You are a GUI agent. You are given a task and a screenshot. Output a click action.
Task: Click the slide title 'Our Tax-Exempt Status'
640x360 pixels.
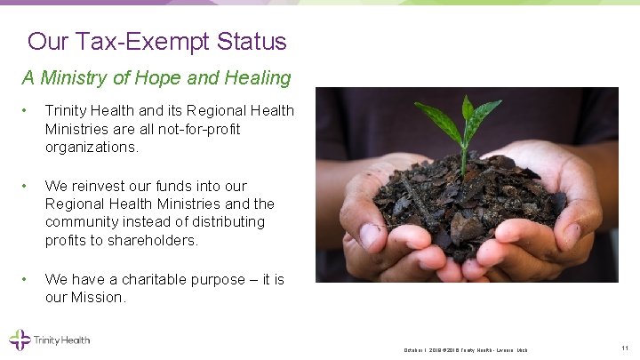coord(157,42)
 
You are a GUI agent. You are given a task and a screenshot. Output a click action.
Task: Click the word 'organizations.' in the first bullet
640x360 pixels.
coord(92,148)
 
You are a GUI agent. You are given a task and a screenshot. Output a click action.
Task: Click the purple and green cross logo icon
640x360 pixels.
coord(20,340)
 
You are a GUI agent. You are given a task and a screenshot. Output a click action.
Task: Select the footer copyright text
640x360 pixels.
coord(465,349)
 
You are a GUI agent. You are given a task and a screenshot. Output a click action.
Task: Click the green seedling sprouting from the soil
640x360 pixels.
coord(467,124)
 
